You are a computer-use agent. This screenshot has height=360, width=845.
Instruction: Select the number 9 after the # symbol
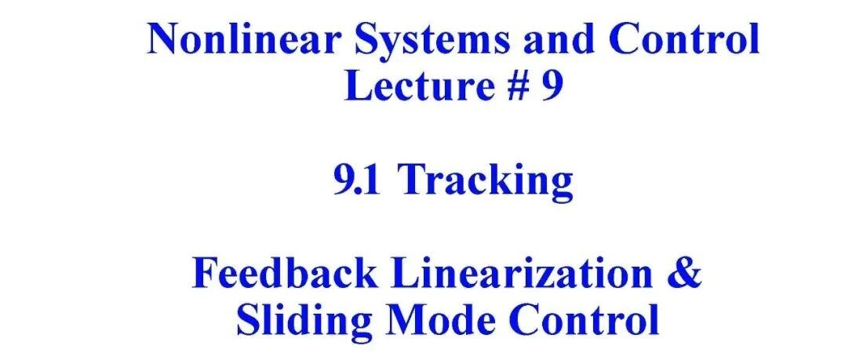click(x=552, y=86)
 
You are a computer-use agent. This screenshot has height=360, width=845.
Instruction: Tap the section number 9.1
click(x=357, y=180)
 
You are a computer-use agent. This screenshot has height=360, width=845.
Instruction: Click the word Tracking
click(x=485, y=182)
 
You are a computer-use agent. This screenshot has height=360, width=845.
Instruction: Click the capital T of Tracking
click(x=412, y=180)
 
